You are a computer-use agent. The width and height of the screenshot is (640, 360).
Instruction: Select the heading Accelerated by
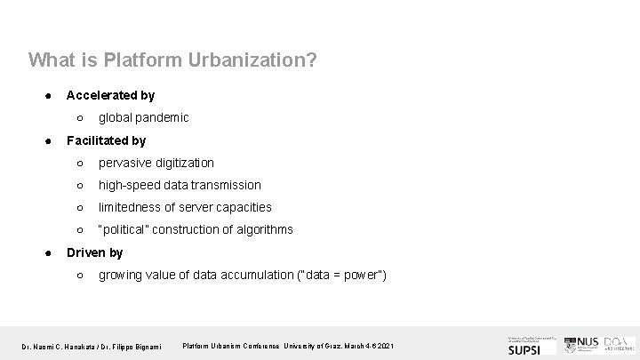coord(110,94)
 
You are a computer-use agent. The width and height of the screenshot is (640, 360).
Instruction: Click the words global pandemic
coord(143,117)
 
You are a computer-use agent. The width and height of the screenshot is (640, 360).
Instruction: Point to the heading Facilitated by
coord(106,140)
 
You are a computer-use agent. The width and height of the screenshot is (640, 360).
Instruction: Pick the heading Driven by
coord(95,252)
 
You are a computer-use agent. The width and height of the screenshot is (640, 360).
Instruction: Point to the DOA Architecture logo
coord(619,344)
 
